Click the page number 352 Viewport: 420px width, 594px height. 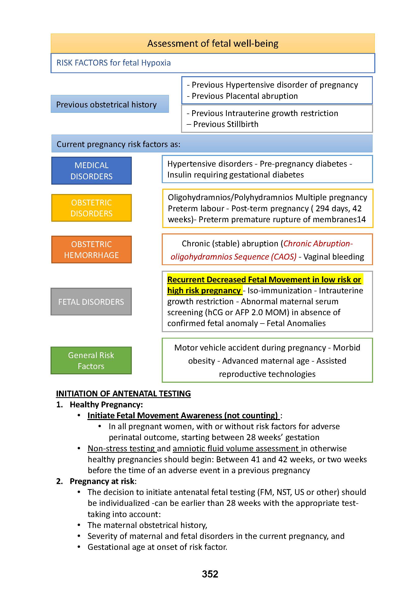coord(210,574)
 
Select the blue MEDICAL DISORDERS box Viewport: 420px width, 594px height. coord(91,171)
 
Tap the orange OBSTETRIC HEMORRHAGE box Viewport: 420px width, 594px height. coord(91,250)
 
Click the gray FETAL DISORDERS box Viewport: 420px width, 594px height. coord(91,302)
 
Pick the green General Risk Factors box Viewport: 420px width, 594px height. coord(91,360)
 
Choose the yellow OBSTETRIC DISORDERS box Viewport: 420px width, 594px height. coord(91,208)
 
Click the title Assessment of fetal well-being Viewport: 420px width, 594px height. coord(213,43)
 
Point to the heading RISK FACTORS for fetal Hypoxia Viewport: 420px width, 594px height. coord(114,63)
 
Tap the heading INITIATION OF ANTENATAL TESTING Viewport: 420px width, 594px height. coord(123,393)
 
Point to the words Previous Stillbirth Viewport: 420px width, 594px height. coord(225,124)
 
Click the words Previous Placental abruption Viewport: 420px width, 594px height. coord(245,96)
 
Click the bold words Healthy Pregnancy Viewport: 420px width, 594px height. coord(106,404)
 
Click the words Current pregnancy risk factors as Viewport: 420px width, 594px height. coord(118,144)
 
